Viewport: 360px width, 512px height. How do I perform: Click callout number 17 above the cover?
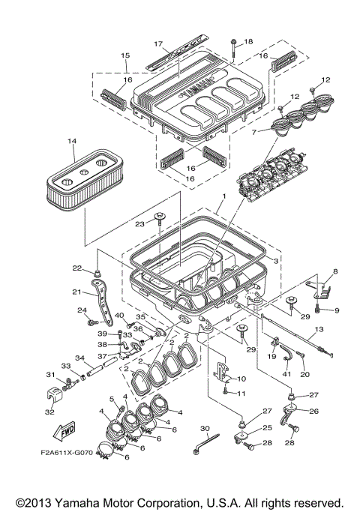click(x=158, y=43)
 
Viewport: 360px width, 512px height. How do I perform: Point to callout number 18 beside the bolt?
click(x=249, y=41)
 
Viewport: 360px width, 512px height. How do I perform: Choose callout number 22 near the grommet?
click(x=76, y=268)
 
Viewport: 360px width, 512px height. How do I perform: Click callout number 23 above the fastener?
click(x=139, y=222)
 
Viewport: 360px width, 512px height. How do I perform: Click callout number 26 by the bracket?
click(x=314, y=411)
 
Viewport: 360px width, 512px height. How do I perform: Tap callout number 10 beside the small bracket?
click(x=241, y=379)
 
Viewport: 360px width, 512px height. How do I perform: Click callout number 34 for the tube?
click(x=79, y=358)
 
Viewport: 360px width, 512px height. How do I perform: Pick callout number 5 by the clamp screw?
click(x=113, y=399)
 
